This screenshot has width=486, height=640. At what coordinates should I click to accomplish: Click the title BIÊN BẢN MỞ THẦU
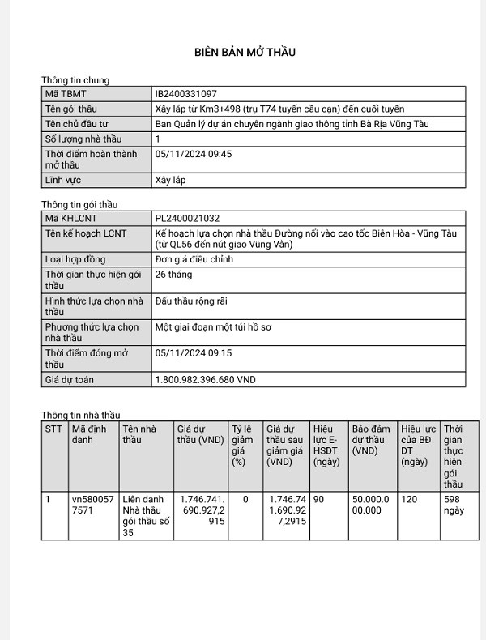pyautogui.click(x=245, y=52)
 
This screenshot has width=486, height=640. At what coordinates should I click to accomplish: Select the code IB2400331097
pyautogui.click(x=185, y=95)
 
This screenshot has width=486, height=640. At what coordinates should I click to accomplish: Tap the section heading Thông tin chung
pyautogui.click(x=75, y=80)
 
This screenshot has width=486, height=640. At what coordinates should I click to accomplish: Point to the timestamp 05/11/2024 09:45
pyautogui.click(x=194, y=154)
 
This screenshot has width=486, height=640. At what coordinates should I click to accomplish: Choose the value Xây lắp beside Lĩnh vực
pyautogui.click(x=170, y=180)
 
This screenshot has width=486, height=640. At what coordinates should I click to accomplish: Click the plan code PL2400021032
pyautogui.click(x=187, y=219)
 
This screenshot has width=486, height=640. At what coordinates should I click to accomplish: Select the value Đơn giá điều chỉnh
pyautogui.click(x=194, y=259)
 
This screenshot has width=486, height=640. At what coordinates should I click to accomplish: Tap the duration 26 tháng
pyautogui.click(x=173, y=275)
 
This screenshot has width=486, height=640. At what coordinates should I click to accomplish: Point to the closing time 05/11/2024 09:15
pyautogui.click(x=194, y=353)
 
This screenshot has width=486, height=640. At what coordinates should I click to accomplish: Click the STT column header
pyautogui.click(x=53, y=429)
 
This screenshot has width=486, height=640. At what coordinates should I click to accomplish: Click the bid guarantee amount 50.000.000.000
pyautogui.click(x=371, y=506)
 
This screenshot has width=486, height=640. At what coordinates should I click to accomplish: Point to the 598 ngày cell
pyautogui.click(x=453, y=506)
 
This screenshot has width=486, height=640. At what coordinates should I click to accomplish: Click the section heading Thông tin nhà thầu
pyautogui.click(x=81, y=415)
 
